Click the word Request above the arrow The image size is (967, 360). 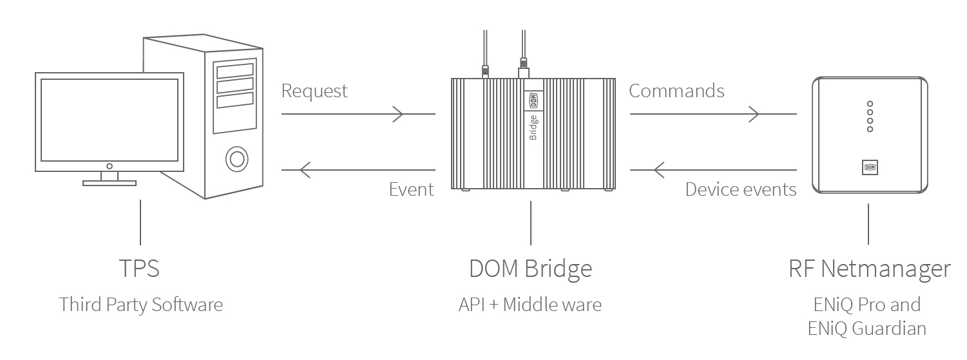(x=314, y=91)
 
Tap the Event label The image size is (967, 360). (x=412, y=189)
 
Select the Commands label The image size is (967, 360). (x=676, y=91)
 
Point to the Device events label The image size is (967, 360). (x=741, y=189)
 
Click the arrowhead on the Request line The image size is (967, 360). (x=399, y=115)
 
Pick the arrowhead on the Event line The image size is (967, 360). (x=305, y=170)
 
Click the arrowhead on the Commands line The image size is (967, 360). (x=753, y=115)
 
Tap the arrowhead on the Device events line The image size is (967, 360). (x=658, y=170)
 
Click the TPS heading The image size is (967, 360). (x=139, y=269)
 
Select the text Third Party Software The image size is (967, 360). (x=141, y=305)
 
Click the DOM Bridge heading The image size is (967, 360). (x=530, y=269)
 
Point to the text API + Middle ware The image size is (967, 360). (x=530, y=305)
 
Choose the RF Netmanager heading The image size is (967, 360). (x=869, y=269)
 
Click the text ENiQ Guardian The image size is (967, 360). (x=866, y=328)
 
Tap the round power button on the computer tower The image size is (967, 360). (x=236, y=158)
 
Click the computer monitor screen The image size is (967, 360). (x=109, y=120)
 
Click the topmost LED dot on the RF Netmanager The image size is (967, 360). (x=870, y=104)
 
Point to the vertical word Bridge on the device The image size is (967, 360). (x=533, y=126)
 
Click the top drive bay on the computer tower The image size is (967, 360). (x=235, y=70)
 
